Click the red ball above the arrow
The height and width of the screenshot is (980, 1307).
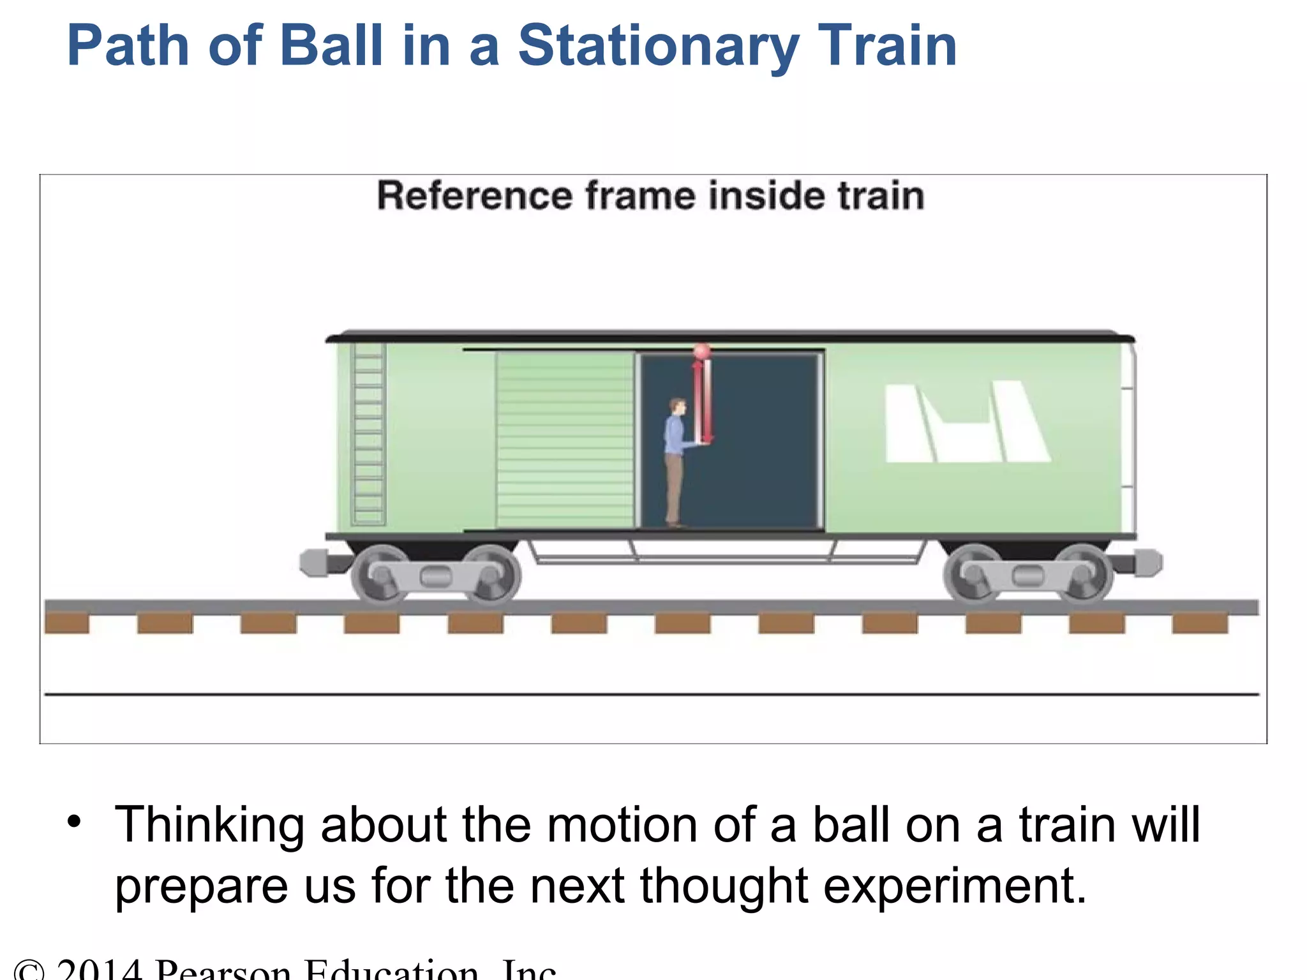[701, 352]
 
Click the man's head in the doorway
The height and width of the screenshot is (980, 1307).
[678, 406]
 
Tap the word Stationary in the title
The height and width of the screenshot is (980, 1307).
[658, 45]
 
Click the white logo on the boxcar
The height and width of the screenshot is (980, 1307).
[966, 422]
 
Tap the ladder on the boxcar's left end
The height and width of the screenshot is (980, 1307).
[369, 434]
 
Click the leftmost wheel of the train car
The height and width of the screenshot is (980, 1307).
[382, 574]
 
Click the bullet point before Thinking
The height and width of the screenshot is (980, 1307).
[74, 821]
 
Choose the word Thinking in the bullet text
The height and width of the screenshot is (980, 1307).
[209, 825]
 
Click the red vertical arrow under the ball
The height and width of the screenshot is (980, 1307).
[702, 402]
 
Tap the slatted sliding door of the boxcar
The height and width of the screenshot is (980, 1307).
[565, 440]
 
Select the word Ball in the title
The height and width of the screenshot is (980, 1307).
[331, 45]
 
